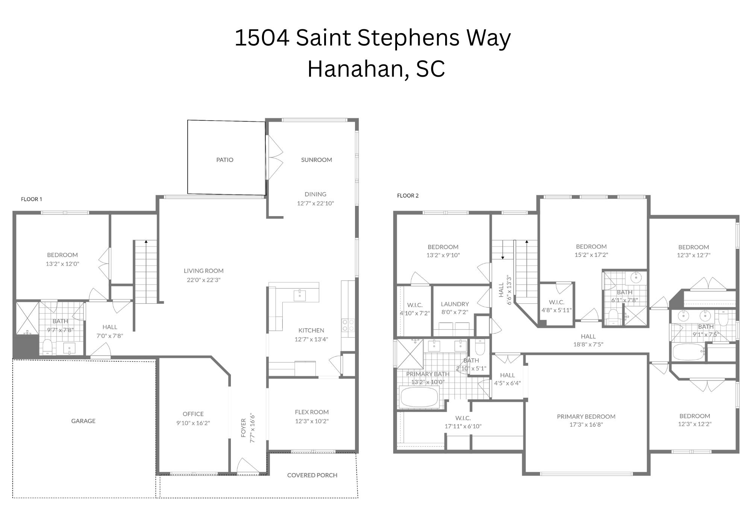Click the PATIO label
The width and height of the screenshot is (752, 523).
pyautogui.click(x=224, y=160)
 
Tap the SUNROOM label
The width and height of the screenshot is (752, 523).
pyautogui.click(x=316, y=160)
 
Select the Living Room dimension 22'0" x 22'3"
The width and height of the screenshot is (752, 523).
pyautogui.click(x=203, y=280)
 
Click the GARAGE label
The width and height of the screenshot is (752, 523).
pyautogui.click(x=83, y=421)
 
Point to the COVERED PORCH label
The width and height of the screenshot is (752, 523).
pyautogui.click(x=312, y=475)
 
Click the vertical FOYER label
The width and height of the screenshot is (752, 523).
pyautogui.click(x=244, y=428)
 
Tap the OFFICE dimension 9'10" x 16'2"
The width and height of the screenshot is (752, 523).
pyautogui.click(x=193, y=423)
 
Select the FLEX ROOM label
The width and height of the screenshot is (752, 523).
pyautogui.click(x=312, y=412)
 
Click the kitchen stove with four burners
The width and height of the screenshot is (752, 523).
pyautogui.click(x=348, y=325)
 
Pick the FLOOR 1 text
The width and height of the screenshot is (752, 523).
pyautogui.click(x=32, y=199)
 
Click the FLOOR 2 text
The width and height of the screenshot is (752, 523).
pyautogui.click(x=408, y=196)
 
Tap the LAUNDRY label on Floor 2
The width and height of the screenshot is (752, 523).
pyautogui.click(x=455, y=304)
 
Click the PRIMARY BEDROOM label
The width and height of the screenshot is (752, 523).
pyautogui.click(x=586, y=416)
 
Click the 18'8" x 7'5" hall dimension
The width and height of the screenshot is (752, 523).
pyautogui.click(x=588, y=344)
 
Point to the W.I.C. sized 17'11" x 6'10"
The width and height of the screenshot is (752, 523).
pyautogui.click(x=463, y=422)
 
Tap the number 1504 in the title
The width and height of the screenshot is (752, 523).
pyautogui.click(x=262, y=38)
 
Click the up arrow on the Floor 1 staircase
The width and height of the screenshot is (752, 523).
pyautogui.click(x=146, y=241)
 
